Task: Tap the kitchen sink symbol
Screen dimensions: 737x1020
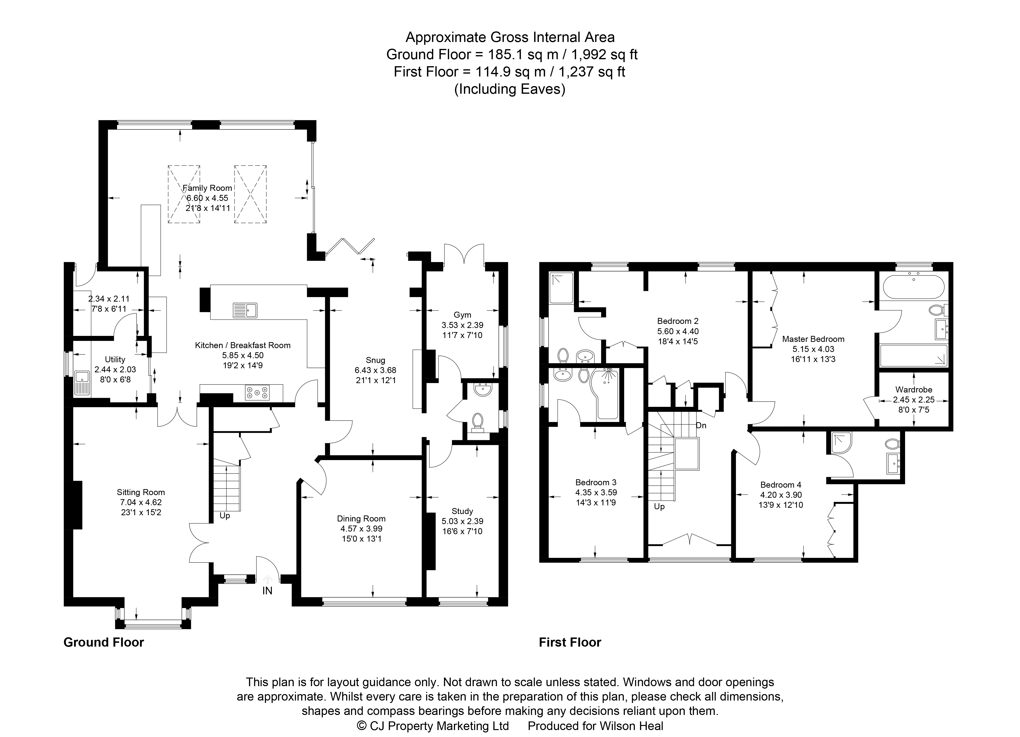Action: pyautogui.click(x=245, y=310)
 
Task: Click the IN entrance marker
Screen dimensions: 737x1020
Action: pyautogui.click(x=267, y=591)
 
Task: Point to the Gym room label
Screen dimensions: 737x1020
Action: pyautogui.click(x=462, y=315)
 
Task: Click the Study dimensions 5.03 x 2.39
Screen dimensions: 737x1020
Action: pyautogui.click(x=462, y=521)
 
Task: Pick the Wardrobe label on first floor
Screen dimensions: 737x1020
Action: pyautogui.click(x=913, y=390)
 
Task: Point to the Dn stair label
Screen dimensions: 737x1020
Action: pyautogui.click(x=701, y=425)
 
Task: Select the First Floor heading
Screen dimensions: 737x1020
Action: pyautogui.click(x=570, y=642)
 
